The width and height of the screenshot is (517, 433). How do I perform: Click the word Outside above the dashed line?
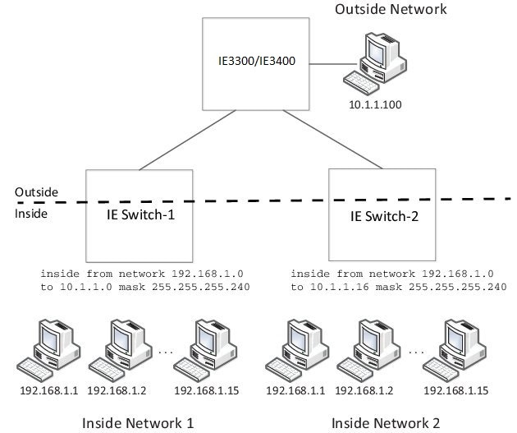(36, 192)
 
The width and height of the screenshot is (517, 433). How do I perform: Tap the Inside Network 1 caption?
(138, 422)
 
